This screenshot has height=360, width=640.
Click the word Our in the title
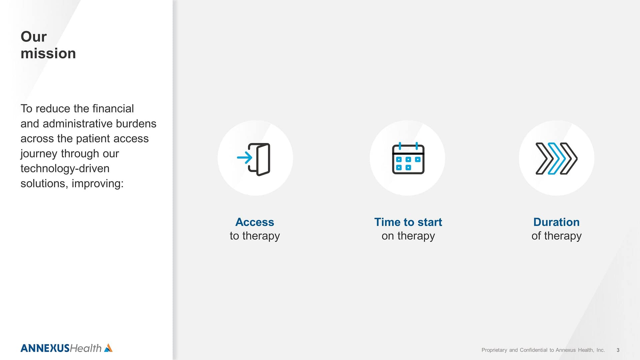point(34,37)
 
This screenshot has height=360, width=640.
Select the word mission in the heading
point(48,53)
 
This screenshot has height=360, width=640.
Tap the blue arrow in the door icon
point(245,158)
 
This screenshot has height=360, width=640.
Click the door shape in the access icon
point(259,159)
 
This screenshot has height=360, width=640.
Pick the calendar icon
point(408,158)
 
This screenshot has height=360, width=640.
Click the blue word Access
point(255,222)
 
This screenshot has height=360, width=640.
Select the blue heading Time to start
point(408,222)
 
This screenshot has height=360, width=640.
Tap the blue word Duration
point(556,222)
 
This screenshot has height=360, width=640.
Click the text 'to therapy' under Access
point(255,236)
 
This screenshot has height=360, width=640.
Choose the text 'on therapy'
point(408,236)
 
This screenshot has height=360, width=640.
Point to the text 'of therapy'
point(556,236)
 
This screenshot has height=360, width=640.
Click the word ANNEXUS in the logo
point(45,348)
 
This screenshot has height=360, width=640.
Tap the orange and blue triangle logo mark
point(108,348)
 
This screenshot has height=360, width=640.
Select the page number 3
point(618,350)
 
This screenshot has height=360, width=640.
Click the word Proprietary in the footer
point(494,350)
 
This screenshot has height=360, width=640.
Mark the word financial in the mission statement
point(113,109)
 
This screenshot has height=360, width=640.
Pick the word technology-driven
point(65,169)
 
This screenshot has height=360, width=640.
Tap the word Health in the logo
point(86,348)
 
